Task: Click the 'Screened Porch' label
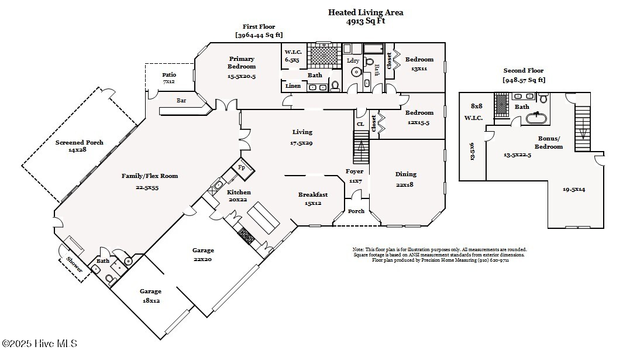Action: click(x=79, y=142)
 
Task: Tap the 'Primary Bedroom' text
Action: click(x=242, y=62)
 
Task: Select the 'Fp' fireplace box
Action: click(x=242, y=167)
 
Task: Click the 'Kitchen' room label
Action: click(x=239, y=192)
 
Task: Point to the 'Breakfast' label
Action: click(x=312, y=195)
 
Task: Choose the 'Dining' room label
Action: click(x=405, y=174)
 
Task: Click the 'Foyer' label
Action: click(x=354, y=172)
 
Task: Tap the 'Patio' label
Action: click(x=169, y=74)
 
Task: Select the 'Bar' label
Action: click(x=181, y=101)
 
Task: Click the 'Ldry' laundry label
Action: click(x=353, y=60)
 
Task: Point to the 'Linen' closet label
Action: click(x=293, y=86)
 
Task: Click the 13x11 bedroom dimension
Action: click(x=419, y=68)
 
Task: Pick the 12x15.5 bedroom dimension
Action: click(x=419, y=122)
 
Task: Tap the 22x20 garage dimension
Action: click(x=202, y=259)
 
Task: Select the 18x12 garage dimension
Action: click(x=150, y=300)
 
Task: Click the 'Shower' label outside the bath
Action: click(x=74, y=265)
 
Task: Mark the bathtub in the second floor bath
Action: click(x=536, y=118)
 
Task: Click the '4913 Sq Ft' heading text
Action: click(x=365, y=21)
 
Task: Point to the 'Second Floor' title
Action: click(x=523, y=71)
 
